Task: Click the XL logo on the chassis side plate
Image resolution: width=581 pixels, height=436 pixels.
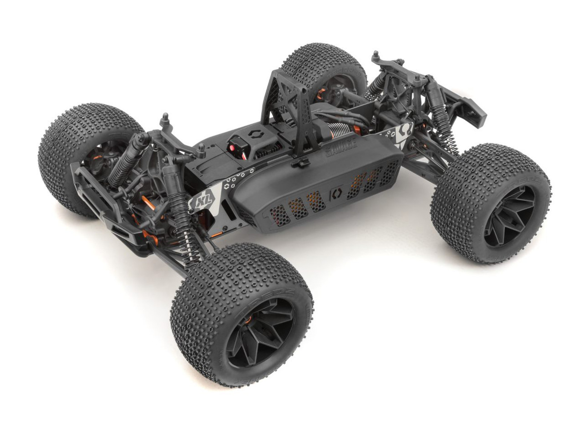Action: (198, 201)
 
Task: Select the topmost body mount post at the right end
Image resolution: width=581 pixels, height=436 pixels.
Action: (376, 57)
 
